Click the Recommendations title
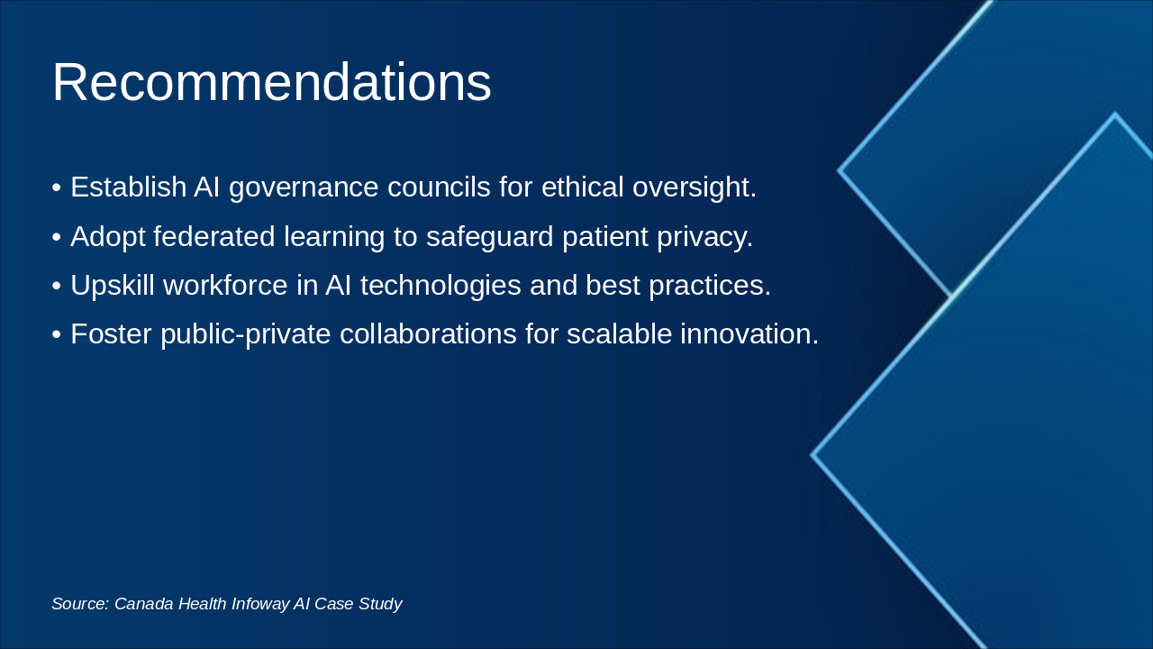(x=272, y=82)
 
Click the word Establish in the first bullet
(x=128, y=187)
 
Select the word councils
(x=439, y=187)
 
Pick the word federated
(x=214, y=236)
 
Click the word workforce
(x=225, y=285)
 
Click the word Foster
(x=111, y=334)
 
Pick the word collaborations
(x=428, y=334)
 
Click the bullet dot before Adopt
(x=57, y=238)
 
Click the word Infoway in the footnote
(x=260, y=604)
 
